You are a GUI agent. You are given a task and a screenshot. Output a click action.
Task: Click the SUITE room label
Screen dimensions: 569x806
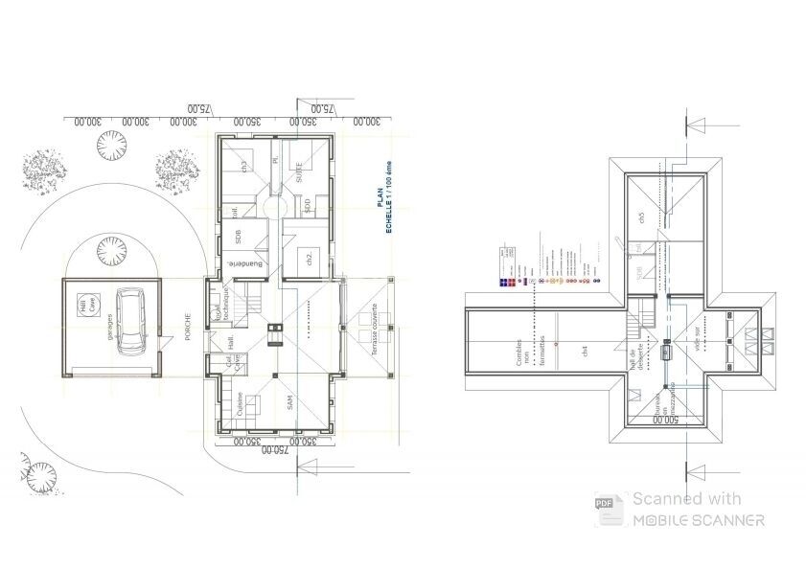pyautogui.click(x=299, y=173)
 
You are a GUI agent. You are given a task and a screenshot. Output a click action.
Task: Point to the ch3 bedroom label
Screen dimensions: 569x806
pyautogui.click(x=245, y=166)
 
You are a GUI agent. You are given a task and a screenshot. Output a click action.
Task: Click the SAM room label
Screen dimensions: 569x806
pyautogui.click(x=288, y=405)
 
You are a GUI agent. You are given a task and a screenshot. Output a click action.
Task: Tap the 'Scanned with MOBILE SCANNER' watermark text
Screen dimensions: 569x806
pyautogui.click(x=697, y=510)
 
